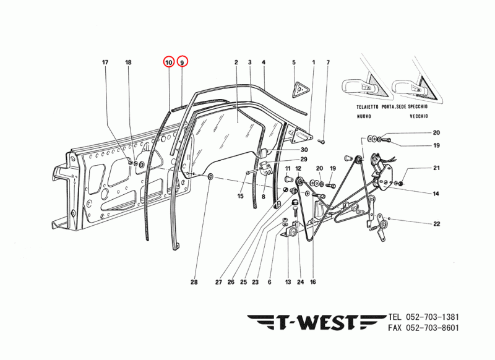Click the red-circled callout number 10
coord(168,62)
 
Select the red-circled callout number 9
coord(182,62)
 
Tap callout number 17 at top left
coord(105,62)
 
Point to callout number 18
coord(129,62)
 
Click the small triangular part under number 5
coord(299,89)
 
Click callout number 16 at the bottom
coord(313,282)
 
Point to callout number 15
coord(241,196)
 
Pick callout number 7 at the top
coord(328,62)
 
